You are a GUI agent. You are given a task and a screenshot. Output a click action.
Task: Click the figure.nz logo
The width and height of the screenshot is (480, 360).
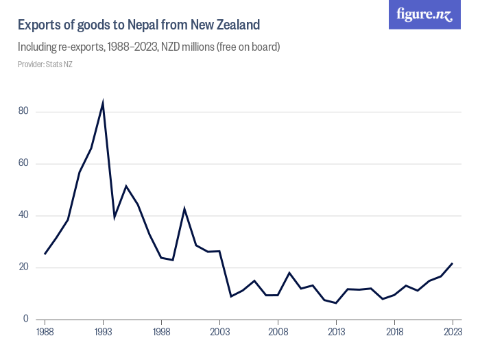[x=424, y=14]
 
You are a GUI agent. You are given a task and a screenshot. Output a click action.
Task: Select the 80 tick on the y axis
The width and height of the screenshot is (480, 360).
[x=23, y=111]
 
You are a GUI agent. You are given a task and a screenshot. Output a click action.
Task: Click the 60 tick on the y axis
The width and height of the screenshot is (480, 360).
[x=23, y=163]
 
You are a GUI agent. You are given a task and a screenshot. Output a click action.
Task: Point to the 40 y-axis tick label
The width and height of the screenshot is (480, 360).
[x=23, y=215]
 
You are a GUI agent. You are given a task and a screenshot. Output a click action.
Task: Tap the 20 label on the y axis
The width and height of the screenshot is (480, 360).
[x=23, y=267]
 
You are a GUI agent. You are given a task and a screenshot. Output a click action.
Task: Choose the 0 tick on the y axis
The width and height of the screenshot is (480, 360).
[x=25, y=319]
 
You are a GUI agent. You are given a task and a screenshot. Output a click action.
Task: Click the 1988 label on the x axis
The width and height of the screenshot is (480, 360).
[x=45, y=332]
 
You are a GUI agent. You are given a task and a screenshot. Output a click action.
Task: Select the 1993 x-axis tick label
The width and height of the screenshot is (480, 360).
[x=103, y=332]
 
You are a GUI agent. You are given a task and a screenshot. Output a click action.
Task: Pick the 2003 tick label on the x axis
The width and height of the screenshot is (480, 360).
[x=219, y=332]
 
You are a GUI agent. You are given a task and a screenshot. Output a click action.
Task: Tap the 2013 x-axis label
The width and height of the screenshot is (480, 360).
[x=336, y=332]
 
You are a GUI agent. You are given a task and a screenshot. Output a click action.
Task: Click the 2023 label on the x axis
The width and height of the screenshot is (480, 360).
[x=453, y=332]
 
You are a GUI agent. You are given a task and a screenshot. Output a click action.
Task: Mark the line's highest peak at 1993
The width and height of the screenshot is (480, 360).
[x=103, y=104]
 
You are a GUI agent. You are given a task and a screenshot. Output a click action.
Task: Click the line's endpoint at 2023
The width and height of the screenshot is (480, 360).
[x=453, y=263]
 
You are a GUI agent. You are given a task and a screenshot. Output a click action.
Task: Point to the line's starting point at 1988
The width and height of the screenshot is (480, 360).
[x=45, y=254]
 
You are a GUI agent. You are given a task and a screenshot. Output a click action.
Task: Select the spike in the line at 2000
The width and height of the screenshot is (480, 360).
[x=184, y=208]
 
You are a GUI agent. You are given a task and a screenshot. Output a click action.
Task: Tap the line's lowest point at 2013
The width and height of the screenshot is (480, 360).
[x=336, y=303]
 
